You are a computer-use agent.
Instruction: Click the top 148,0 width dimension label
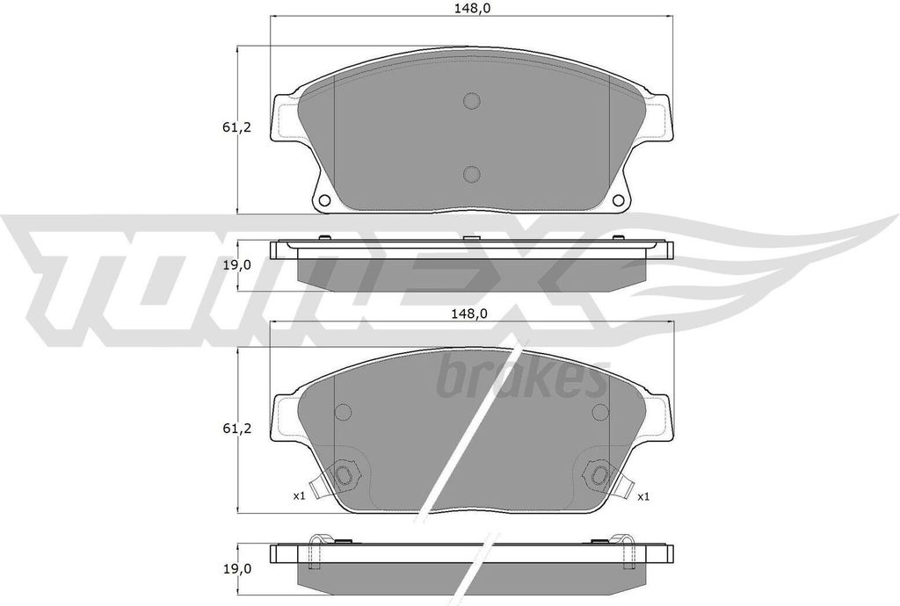click(x=472, y=8)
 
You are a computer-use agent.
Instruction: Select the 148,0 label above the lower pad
click(x=472, y=313)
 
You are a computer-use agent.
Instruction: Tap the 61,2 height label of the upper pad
click(x=236, y=127)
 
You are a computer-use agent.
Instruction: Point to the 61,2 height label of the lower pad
click(x=236, y=429)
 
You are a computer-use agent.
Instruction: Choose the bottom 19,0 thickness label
click(x=236, y=568)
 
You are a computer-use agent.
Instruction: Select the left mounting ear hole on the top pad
click(x=323, y=200)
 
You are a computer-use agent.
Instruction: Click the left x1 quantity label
click(x=299, y=496)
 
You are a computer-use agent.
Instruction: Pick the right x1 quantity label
click(x=642, y=496)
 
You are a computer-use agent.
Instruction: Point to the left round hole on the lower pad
click(x=343, y=413)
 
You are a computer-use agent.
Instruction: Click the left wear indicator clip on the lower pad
click(x=340, y=477)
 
